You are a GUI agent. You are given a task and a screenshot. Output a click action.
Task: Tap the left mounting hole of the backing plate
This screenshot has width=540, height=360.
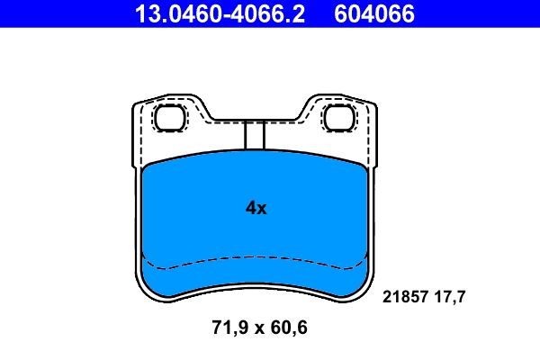coord(168,116)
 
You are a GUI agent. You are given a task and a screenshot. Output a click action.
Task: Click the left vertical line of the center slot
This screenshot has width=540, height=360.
coord(245,134)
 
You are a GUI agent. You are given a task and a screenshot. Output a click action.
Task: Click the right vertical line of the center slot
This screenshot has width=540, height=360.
coord(262,134)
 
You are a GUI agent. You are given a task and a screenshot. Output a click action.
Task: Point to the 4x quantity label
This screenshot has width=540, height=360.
coord(256,208)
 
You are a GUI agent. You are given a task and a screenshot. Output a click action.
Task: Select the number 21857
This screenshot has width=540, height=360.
coord(404,296)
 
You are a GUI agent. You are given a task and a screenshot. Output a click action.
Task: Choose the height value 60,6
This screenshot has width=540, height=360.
coord(288,329)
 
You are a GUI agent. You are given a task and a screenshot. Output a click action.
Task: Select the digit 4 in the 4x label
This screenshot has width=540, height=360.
coord(251,208)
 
